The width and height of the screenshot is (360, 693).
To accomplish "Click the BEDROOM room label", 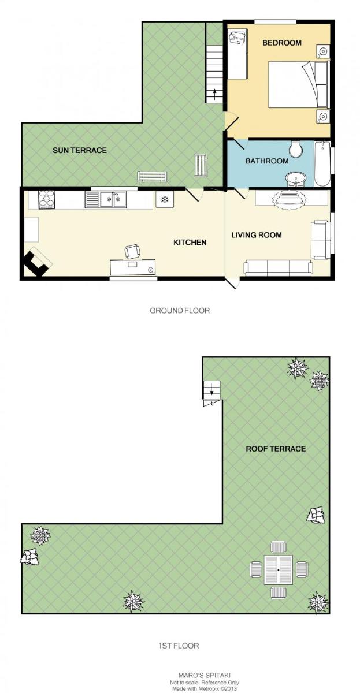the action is tap(281, 43).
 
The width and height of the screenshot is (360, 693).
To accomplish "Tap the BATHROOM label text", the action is tap(267, 161).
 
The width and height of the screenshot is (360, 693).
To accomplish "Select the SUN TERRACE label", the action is tap(80, 150).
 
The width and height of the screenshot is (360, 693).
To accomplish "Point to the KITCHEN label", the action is tap(190, 242).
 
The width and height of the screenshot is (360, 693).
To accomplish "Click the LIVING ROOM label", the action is tap(257, 235).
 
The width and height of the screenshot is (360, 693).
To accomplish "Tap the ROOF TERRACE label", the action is tap(276, 449).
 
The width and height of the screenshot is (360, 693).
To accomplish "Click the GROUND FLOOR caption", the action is tap(180, 310).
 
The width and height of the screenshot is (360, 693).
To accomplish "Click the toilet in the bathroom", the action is tap(296, 149).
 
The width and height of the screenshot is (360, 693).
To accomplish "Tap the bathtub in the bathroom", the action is tap(322, 163).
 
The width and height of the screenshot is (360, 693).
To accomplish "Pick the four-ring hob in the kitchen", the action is tap(47, 199).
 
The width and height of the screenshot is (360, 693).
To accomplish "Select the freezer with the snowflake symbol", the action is tap(165, 200).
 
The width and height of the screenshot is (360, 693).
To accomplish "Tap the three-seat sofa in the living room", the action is tap(278, 267).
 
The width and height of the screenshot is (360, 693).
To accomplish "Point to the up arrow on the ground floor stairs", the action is tap(214, 94).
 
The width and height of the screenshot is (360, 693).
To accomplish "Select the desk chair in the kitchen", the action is tap(132, 251).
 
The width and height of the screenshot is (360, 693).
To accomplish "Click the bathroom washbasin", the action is tap(296, 179).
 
